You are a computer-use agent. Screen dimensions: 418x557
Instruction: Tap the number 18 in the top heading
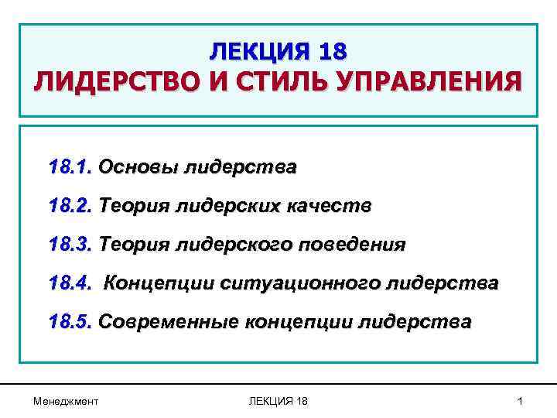click(x=332, y=52)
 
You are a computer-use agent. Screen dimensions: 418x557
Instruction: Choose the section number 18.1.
click(x=70, y=167)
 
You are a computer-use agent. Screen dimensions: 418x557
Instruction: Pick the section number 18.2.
click(x=70, y=206)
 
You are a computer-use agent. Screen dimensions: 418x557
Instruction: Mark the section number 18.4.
click(x=70, y=283)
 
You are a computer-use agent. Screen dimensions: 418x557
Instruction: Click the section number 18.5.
click(x=70, y=322)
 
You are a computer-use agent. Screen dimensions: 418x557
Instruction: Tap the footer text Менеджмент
click(x=66, y=400)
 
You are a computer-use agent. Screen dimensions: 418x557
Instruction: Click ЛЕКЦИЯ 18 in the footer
click(x=278, y=400)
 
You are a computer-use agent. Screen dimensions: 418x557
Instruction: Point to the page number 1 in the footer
click(x=520, y=400)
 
